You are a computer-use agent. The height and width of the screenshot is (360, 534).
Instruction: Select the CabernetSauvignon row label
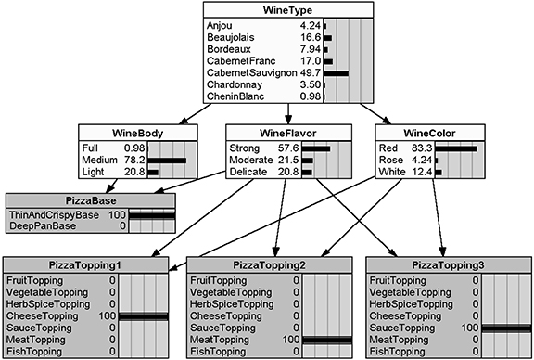pyautogui.click(x=248, y=71)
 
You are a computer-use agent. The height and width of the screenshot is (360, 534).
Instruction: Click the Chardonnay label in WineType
pyautogui.click(x=233, y=84)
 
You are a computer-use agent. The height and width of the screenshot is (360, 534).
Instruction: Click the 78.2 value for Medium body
pyautogui.click(x=135, y=160)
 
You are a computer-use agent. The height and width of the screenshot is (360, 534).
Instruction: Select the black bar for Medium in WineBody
pyautogui.click(x=166, y=160)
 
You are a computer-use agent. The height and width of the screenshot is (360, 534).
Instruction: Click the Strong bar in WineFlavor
pyautogui.click(x=315, y=148)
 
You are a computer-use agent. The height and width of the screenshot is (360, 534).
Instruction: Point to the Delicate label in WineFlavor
pyautogui.click(x=248, y=172)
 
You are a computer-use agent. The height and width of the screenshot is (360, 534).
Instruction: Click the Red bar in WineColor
pyautogui.click(x=455, y=148)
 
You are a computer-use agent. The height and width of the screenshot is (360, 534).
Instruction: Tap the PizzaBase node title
pyautogui.click(x=90, y=200)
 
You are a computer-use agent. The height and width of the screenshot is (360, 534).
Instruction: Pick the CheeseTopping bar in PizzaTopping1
pyautogui.click(x=144, y=315)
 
